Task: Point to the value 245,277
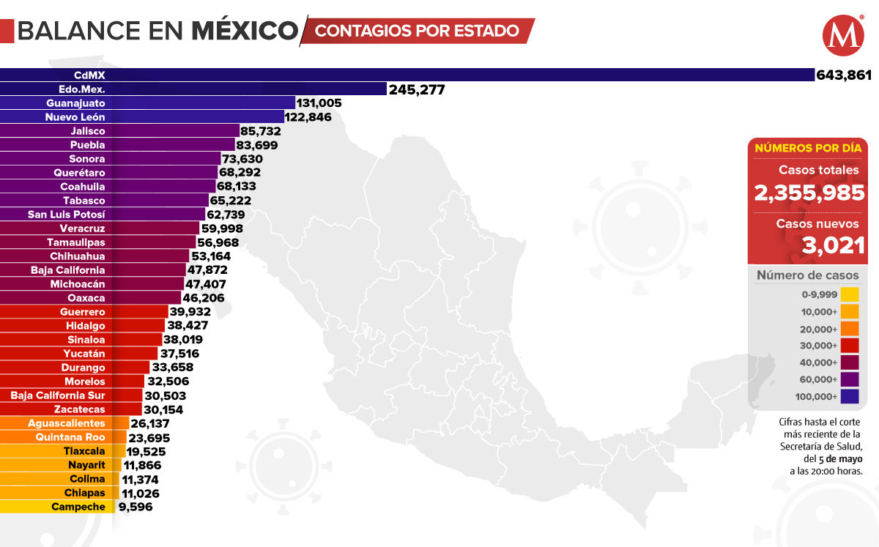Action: pos(417,89)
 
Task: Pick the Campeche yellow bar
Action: pos(57,507)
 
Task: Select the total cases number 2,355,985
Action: pos(809,193)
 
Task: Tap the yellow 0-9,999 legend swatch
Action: pos(850,294)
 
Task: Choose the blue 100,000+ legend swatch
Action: pos(850,397)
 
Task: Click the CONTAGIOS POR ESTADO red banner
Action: pos(418,31)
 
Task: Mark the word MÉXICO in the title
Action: pos(245,31)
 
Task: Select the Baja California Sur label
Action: pos(58,395)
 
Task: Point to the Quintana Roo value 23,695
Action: pos(149,437)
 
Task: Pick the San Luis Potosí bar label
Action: pos(67,214)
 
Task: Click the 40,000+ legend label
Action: pos(815,362)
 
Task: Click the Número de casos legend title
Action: pos(807,275)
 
